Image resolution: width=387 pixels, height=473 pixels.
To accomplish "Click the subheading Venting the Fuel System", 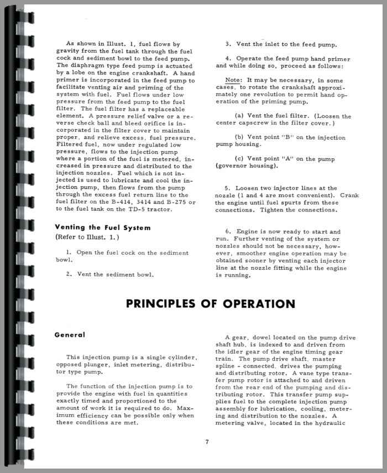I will pos(103,227).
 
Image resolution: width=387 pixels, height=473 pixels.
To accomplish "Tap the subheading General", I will pos(70,335).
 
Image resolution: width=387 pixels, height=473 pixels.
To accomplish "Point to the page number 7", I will pos(206,441).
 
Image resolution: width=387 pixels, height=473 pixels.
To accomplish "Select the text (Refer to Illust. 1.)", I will pos(87,238).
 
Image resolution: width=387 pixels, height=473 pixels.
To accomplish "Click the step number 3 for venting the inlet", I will pos(228,44).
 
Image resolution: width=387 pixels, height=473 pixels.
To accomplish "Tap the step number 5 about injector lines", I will pos(228,188).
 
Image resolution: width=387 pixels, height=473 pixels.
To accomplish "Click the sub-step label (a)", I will pos(240,116).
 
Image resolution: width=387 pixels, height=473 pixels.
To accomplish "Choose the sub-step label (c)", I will pos(240,159).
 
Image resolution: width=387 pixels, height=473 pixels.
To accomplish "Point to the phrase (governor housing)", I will pos(247,166).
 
